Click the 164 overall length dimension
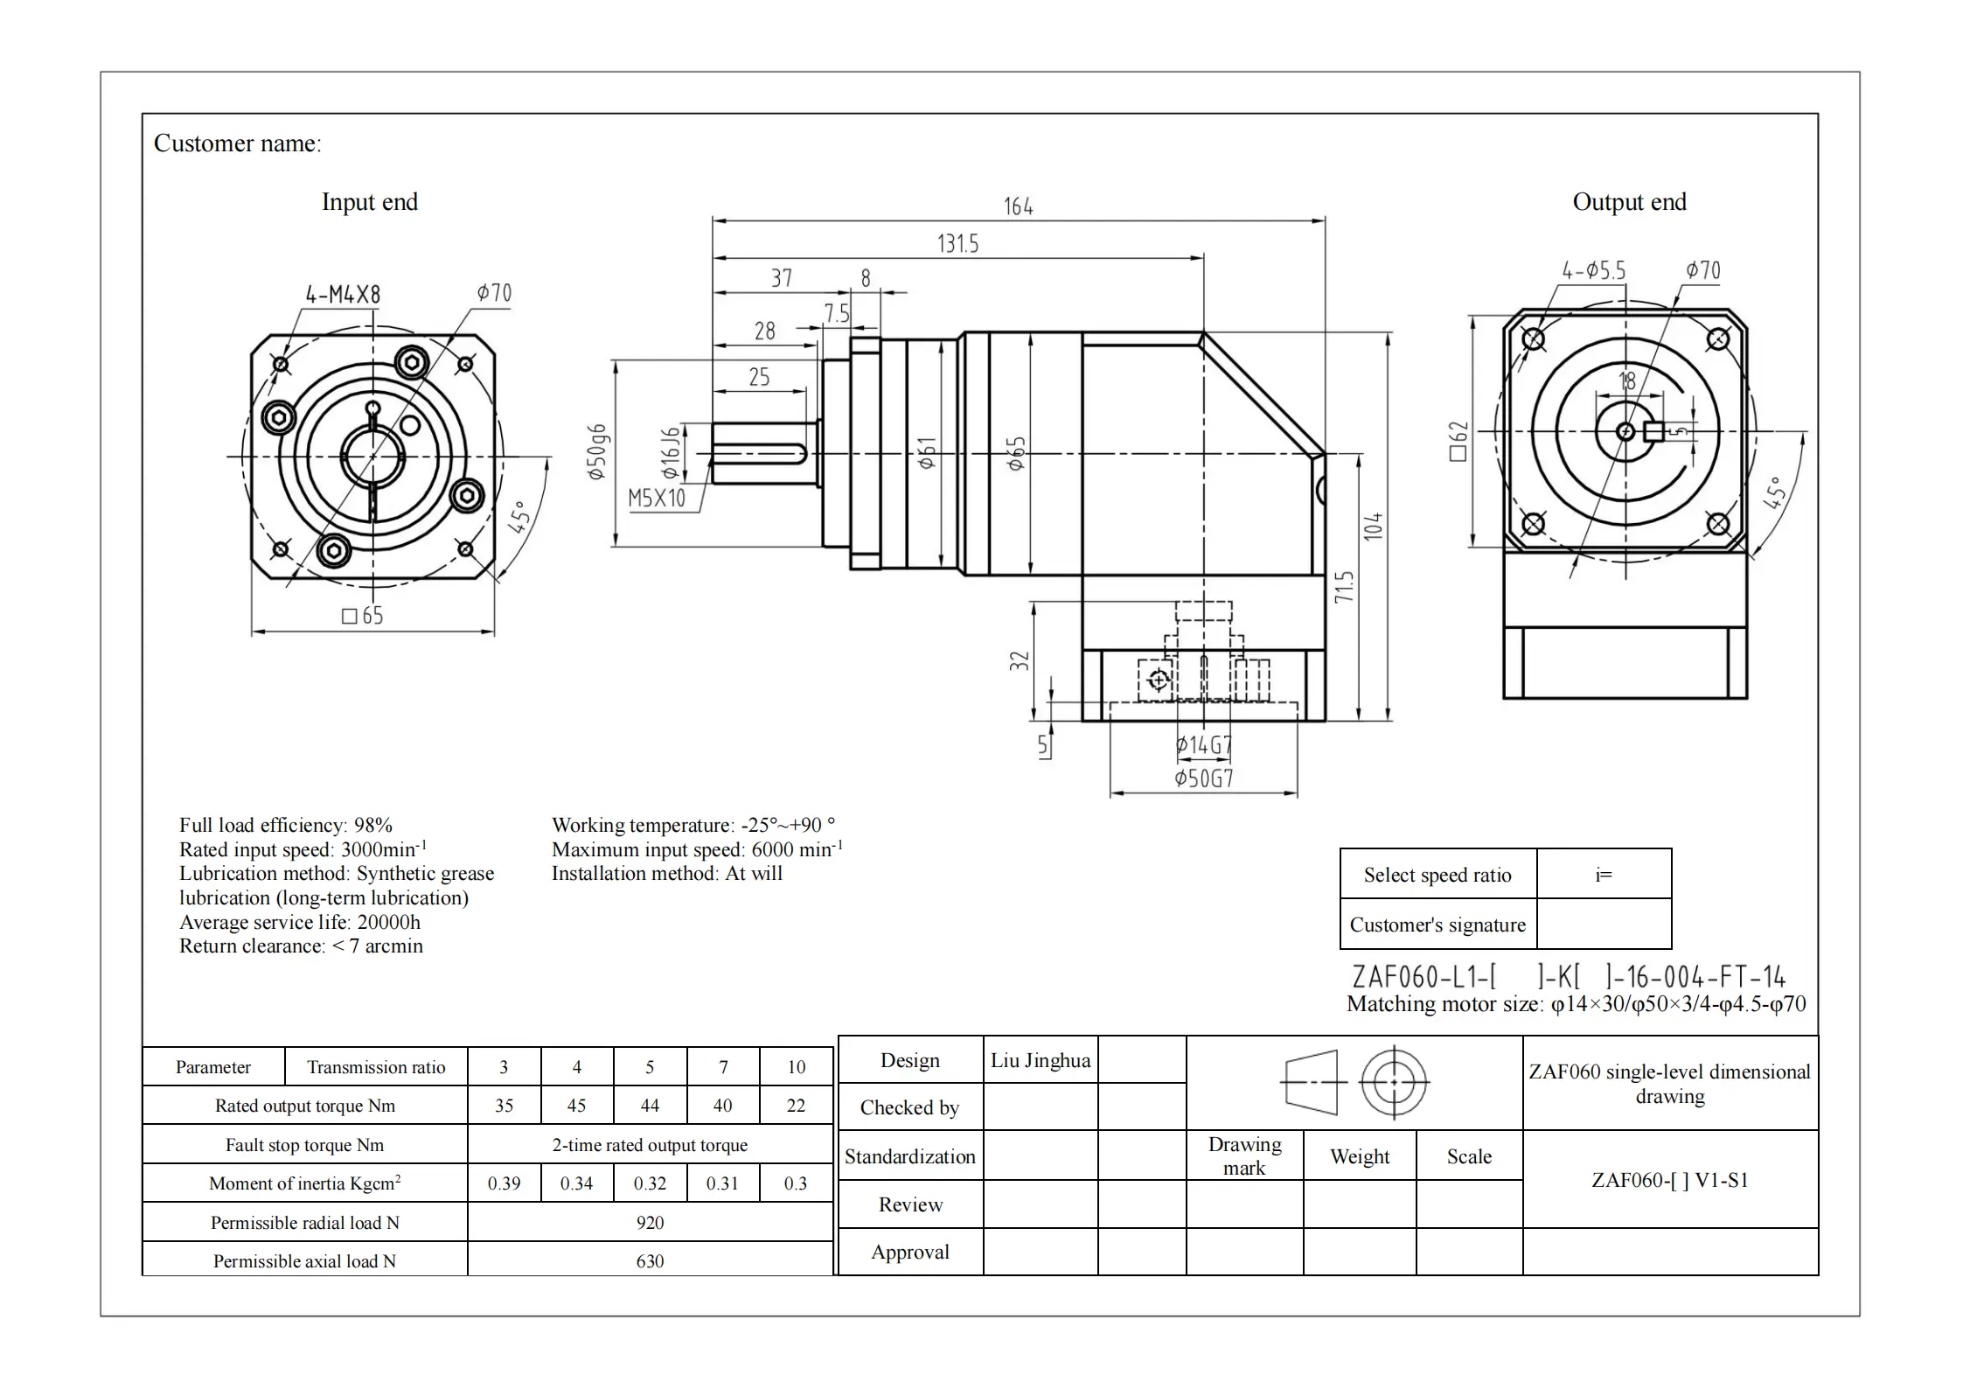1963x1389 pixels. point(1018,206)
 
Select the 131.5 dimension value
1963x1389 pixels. point(957,243)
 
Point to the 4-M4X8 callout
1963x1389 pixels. point(343,295)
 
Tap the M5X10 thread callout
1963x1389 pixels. point(657,499)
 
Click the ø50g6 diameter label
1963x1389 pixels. point(597,452)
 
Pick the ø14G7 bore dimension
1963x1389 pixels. point(1203,745)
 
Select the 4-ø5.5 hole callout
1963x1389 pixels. point(1594,271)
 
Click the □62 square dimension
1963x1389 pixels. point(1458,441)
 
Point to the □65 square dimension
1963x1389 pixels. point(362,616)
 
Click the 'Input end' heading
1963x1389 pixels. point(369,202)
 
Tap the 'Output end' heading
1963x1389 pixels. point(1629,202)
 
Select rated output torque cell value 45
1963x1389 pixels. point(576,1106)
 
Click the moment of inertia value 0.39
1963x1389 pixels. point(504,1183)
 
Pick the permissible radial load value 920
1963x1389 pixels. point(650,1223)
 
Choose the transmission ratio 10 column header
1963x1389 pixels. point(796,1067)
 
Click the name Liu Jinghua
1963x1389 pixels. point(1041,1060)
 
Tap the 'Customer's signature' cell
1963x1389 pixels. point(1437,925)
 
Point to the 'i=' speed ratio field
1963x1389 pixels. point(1604,875)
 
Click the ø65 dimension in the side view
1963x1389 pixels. point(1016,454)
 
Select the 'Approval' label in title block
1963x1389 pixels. point(909,1252)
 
